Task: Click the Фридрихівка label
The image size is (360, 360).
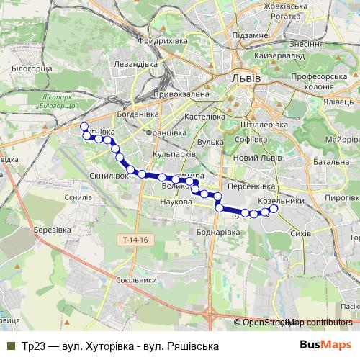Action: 156,41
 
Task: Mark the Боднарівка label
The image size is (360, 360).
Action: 217,233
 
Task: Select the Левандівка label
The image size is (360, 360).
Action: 153,63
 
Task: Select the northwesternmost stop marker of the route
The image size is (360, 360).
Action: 84,126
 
